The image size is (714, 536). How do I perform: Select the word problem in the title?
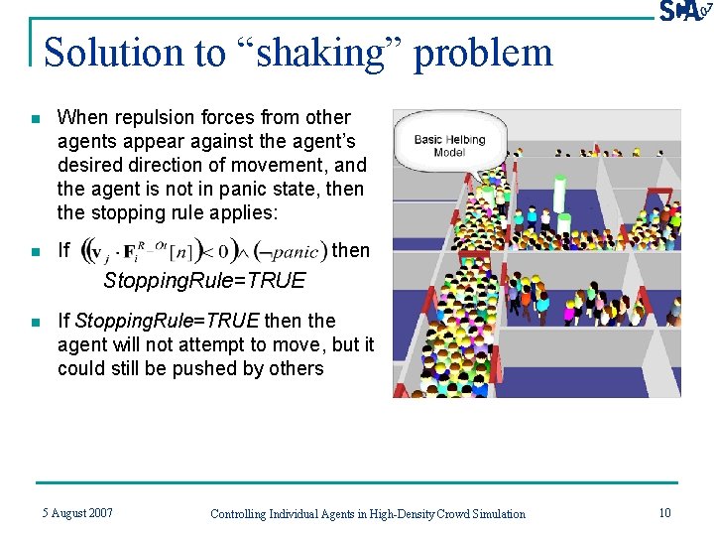(x=483, y=53)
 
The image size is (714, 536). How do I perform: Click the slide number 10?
(x=663, y=512)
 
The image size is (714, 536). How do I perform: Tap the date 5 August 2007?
(x=77, y=512)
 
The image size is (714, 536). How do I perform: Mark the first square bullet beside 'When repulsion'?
(x=35, y=119)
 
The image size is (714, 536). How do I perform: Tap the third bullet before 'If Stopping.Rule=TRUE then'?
(x=35, y=323)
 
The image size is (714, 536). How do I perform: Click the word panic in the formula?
(x=295, y=252)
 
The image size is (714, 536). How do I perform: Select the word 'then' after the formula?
(x=350, y=250)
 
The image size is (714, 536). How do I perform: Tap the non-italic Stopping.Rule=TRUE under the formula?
(x=204, y=281)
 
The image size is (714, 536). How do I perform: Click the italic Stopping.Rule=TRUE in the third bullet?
(x=167, y=321)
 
